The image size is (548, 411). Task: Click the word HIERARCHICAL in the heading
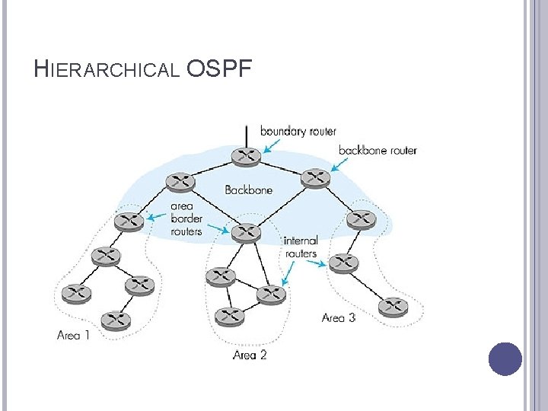click(107, 70)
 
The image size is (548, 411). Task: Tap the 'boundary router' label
click(298, 131)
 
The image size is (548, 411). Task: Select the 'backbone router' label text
click(378, 151)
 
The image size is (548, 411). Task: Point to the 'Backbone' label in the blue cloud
click(249, 190)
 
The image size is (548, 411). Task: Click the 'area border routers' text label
click(186, 218)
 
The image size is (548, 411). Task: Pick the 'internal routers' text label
click(300, 247)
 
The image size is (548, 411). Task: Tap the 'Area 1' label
click(74, 335)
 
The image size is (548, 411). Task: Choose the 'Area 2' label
click(250, 355)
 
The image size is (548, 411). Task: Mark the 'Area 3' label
click(339, 317)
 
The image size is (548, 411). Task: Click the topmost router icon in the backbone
click(246, 156)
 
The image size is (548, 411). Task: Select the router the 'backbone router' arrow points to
click(316, 179)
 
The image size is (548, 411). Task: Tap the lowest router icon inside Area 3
click(393, 307)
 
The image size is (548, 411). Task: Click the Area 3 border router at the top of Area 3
click(360, 219)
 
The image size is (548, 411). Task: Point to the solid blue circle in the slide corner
click(505, 359)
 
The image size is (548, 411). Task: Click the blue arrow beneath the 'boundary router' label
click(268, 146)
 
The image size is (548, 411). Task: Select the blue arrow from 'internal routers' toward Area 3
click(320, 263)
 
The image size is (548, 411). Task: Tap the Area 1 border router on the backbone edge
click(129, 221)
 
